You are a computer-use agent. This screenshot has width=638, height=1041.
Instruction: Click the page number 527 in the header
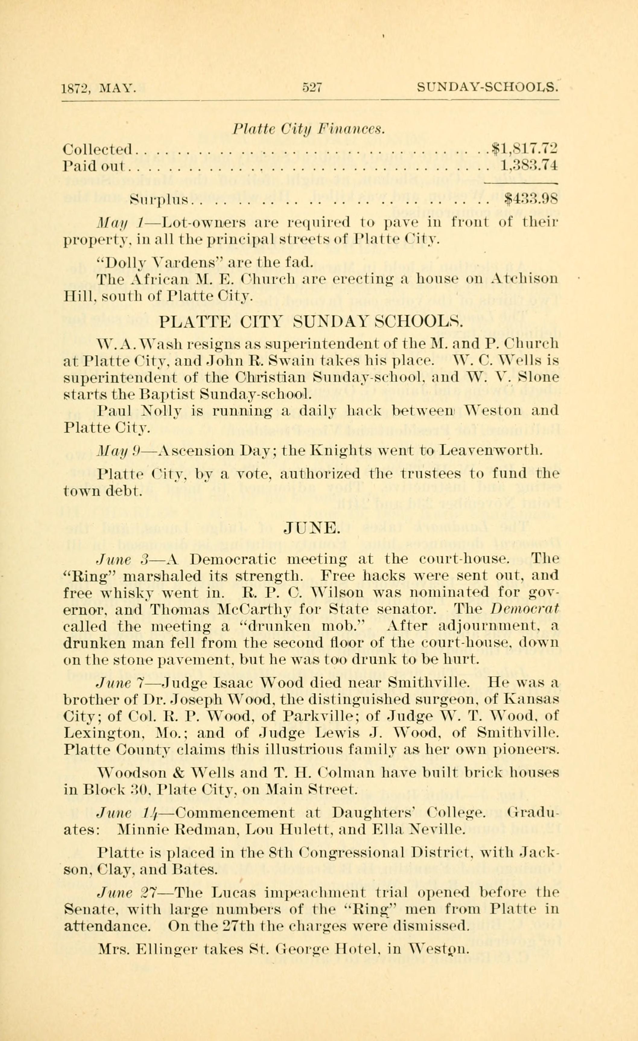(x=312, y=87)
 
